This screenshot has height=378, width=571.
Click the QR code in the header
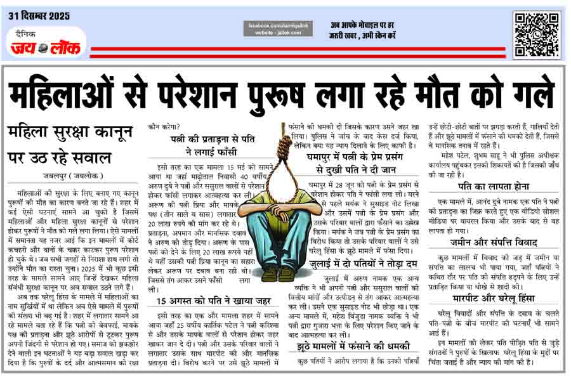536,34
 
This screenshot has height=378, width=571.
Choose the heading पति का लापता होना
492,185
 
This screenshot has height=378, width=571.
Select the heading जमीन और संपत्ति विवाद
492,242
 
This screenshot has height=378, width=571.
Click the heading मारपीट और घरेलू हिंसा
492,299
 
